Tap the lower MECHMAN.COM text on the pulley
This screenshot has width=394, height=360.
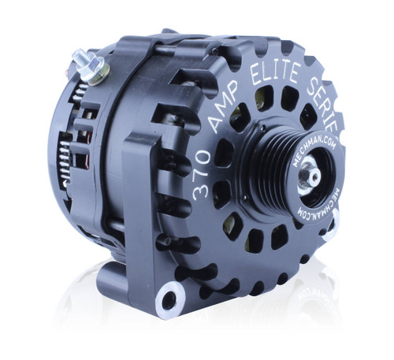pyautogui.click(x=312, y=203)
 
